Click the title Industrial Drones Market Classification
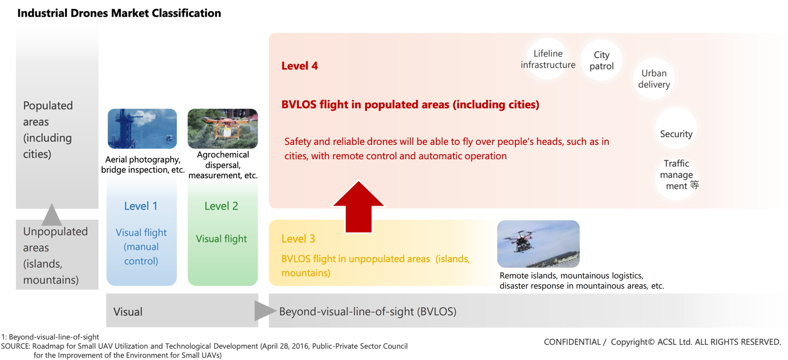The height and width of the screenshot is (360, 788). click(x=119, y=13)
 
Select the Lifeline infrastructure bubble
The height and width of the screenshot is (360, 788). click(x=548, y=59)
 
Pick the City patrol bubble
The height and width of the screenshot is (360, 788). click(x=601, y=60)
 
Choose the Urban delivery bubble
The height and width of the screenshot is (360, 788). click(x=654, y=78)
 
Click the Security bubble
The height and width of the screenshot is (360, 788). click(x=676, y=128)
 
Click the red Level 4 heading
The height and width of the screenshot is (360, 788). click(x=300, y=66)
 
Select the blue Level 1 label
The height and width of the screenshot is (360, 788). click(x=141, y=206)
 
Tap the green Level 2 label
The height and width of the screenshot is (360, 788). click(x=221, y=206)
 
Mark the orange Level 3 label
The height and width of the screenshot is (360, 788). click(x=298, y=238)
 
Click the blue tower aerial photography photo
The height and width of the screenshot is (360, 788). click(x=142, y=129)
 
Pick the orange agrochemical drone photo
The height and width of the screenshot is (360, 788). click(x=222, y=129)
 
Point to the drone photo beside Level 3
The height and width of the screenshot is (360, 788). click(x=538, y=244)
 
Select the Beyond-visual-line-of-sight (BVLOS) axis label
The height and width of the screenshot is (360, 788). click(x=368, y=311)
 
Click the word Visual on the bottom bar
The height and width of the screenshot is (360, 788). click(x=127, y=312)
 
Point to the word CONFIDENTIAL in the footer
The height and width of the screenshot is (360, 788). click(x=572, y=342)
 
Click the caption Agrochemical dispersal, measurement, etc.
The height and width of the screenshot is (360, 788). click(x=223, y=164)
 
